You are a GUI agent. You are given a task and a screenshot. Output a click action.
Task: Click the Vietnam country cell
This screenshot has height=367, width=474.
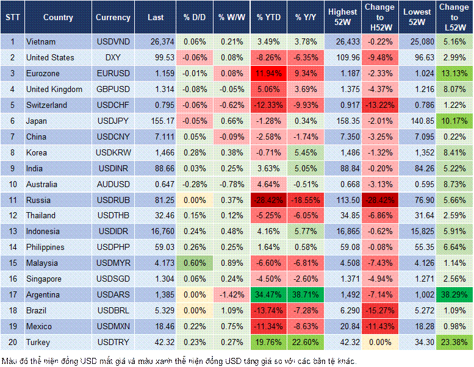coord(41,41)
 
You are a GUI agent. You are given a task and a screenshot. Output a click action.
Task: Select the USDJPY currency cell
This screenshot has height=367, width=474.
coord(112,121)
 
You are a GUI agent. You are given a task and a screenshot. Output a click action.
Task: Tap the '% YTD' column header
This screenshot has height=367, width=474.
coord(268,18)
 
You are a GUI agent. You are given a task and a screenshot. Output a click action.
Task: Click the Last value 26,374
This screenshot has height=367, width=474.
coord(156,41)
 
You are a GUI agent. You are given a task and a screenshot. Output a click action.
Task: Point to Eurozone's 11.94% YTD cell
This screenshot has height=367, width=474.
coord(268,73)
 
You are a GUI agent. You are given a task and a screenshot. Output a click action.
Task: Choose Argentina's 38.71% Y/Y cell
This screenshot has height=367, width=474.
coord(306,294)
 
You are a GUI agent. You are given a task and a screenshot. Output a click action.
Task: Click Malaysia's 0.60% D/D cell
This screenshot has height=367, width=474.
coord(194,263)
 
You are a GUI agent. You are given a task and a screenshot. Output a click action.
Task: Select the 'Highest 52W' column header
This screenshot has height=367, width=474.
coord(343,18)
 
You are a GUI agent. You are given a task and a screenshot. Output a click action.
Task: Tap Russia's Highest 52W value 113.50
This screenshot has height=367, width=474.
coord(343,200)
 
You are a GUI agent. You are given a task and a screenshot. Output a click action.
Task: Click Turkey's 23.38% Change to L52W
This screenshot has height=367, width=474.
coord(454,342)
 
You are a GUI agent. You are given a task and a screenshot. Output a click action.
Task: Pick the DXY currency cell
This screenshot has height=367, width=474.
coord(112,57)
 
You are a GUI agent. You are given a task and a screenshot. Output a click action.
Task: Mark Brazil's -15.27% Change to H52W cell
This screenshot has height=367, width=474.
coord(380,310)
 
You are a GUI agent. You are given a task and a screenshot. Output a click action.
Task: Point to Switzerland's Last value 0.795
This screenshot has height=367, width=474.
coord(156,105)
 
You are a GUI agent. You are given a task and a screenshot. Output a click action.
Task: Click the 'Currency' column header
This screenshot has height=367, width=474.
coord(112,18)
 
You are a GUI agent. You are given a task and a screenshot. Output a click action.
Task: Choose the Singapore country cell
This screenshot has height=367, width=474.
coord(45,279)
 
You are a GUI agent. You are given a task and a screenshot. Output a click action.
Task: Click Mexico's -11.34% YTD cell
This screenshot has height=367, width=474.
coord(268,326)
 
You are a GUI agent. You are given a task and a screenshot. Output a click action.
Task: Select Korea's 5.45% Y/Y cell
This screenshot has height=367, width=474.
coord(306,152)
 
